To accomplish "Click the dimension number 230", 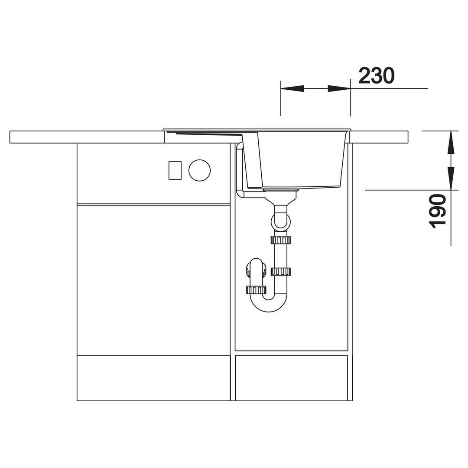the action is point(376,75).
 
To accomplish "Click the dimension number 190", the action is point(437,211).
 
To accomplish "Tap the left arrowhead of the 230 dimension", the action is point(292,88).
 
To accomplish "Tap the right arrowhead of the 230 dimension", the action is point(339,88).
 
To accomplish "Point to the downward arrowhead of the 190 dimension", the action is point(451,178).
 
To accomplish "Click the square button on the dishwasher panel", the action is point(175,170).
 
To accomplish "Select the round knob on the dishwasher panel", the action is point(199,170).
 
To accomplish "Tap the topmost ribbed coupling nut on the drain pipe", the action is point(280,240).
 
